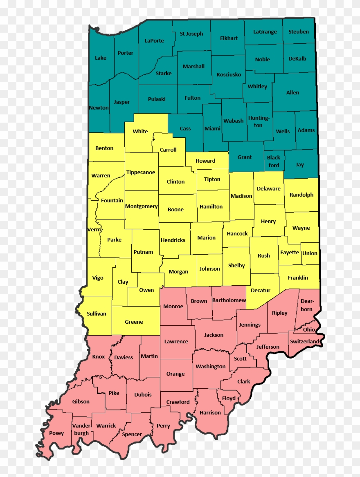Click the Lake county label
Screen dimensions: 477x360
pos(101,58)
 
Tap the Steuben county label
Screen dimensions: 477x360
pos(299,31)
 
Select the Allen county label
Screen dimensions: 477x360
pos(292,93)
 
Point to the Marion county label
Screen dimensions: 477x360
pos(206,237)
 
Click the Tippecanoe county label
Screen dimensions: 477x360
pos(141,172)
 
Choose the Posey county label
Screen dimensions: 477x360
pos(56,433)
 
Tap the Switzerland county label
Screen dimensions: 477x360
pos(304,341)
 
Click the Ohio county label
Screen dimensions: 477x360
pos(309,329)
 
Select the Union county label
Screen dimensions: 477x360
pos(310,253)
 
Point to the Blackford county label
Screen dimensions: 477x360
pos(274,161)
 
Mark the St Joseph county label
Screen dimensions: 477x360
pos(191,34)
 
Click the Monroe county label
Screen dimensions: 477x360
pos(173,306)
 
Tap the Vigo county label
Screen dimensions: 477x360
pos(98,278)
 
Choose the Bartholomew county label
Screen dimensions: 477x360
pos(229,300)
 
